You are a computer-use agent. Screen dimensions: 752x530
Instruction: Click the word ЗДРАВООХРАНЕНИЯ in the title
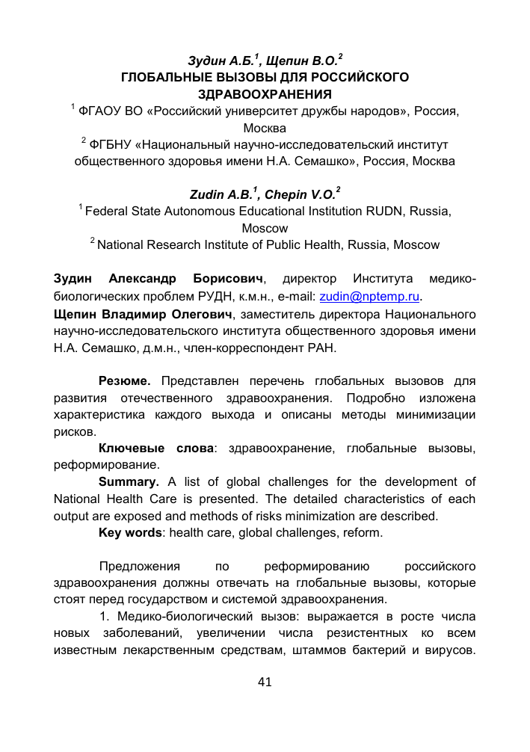click(x=265, y=93)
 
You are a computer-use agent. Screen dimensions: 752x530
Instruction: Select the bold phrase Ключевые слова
click(x=156, y=449)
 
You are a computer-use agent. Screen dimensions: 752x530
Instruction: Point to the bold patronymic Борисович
click(x=228, y=279)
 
